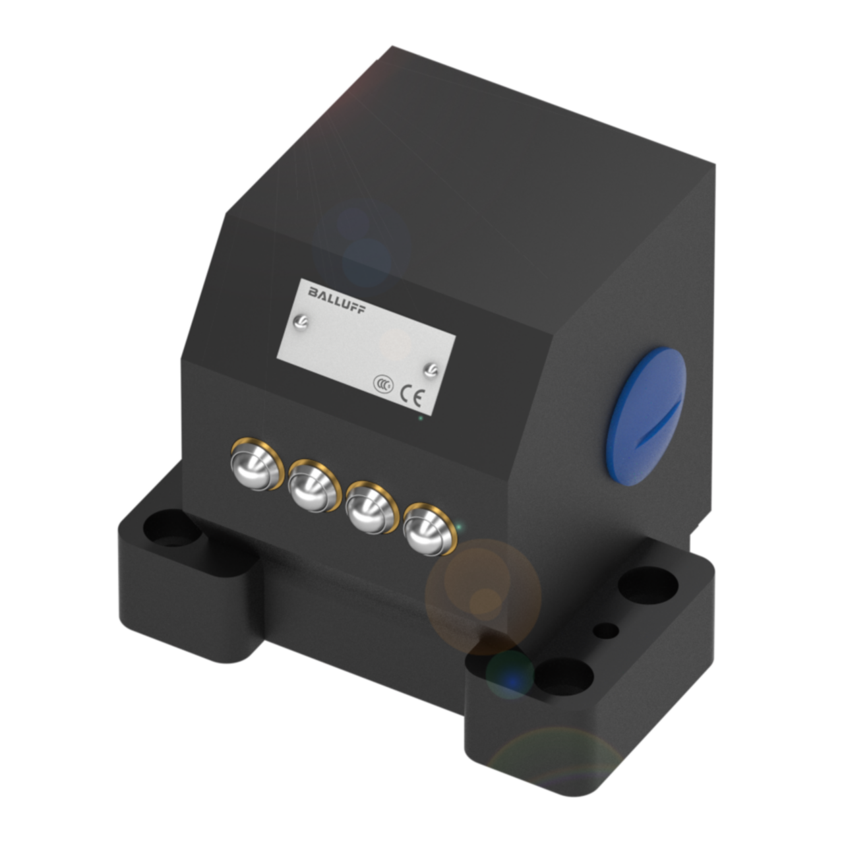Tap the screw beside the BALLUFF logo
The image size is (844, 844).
301,322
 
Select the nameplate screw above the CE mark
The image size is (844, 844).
431,370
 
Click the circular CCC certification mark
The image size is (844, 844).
383,384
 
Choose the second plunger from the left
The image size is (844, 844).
314,486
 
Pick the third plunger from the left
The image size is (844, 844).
371,508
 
